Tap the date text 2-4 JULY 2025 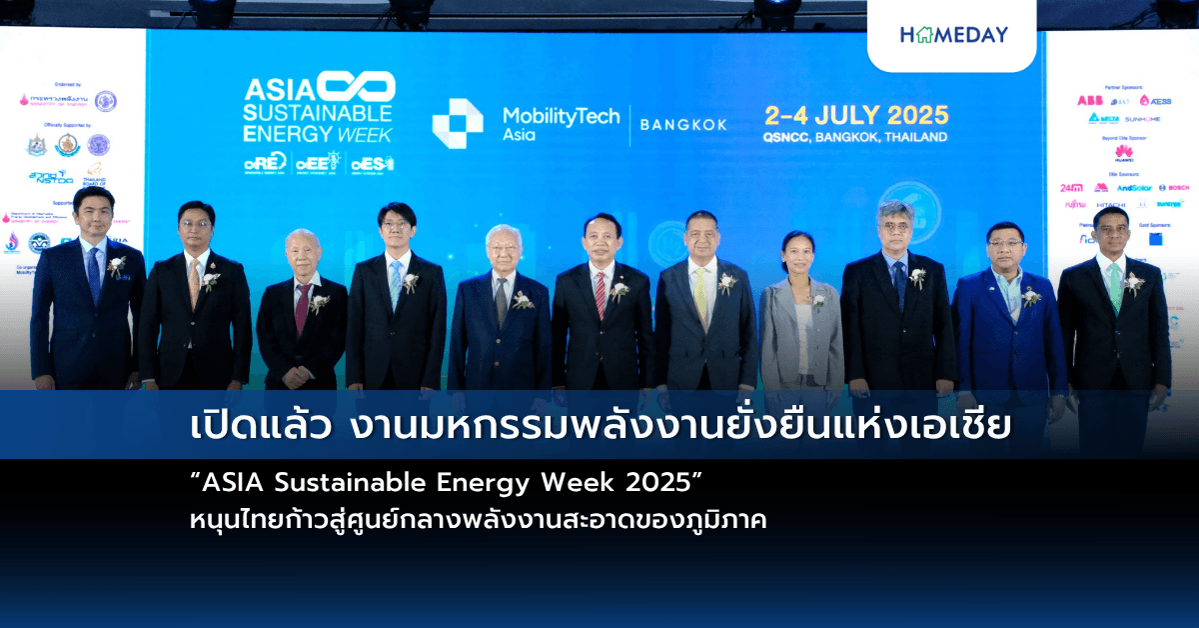[856, 114]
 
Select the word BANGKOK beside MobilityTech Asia [682, 125]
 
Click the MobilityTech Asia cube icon [457, 123]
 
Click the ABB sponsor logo [1089, 100]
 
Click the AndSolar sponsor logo [1134, 187]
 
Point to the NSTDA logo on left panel [50, 177]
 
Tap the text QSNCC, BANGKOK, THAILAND [855, 137]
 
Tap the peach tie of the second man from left [194, 285]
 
